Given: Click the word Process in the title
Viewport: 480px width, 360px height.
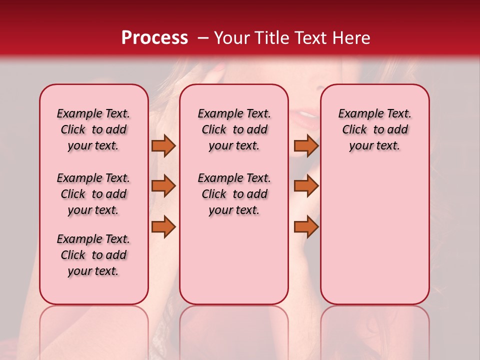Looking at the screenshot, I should pos(154,38).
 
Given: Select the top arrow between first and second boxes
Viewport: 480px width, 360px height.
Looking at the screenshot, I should pos(163,146).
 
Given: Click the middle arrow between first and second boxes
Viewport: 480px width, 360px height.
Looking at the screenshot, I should pos(163,186).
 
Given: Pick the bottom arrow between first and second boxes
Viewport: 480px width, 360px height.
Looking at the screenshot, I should pos(163,227).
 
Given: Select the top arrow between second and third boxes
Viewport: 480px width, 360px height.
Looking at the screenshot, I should pos(306,146).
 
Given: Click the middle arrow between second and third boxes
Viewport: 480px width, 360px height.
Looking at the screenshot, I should pos(306,186).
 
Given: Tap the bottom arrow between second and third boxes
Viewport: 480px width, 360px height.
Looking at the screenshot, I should pos(306,227).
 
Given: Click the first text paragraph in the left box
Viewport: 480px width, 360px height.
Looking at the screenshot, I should pos(93,129).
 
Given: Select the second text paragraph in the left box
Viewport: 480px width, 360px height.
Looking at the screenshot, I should pos(93,194).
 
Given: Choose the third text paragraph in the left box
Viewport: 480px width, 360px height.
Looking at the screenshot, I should pos(93,255).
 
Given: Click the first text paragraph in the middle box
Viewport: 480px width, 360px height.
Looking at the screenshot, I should pos(234,129).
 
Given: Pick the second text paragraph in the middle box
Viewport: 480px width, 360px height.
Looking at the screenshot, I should pos(234,194).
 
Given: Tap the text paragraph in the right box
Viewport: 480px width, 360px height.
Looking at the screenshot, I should pos(374,129).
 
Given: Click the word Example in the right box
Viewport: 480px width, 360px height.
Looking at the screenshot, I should pos(356,114).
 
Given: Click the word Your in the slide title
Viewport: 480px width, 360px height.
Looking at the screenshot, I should pos(232,38).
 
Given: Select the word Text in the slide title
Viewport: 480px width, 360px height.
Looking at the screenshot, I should pos(310,38).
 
